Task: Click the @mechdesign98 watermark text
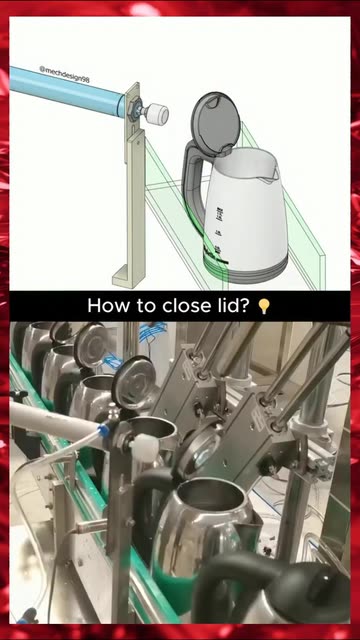pos(64,75)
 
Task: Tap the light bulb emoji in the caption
pos(264,306)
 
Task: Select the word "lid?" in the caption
pos(231,306)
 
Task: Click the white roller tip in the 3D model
pos(157,114)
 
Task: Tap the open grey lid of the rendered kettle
pos(214,122)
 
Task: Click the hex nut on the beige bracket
pos(132,108)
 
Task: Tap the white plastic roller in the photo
pos(144,448)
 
